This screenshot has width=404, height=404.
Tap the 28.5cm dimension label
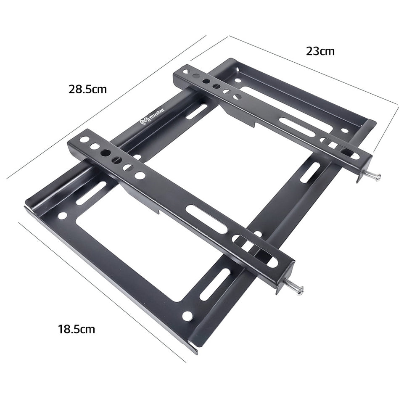pos(88,89)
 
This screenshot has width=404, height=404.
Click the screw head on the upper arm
pos(378,176)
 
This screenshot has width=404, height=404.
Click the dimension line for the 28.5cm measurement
pos(105,107)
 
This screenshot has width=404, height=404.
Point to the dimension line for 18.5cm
pos(101,290)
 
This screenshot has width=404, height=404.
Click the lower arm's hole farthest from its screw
pos(84,139)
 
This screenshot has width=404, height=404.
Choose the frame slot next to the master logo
pos(197,111)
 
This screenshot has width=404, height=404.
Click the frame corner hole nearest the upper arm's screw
pos(345,130)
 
